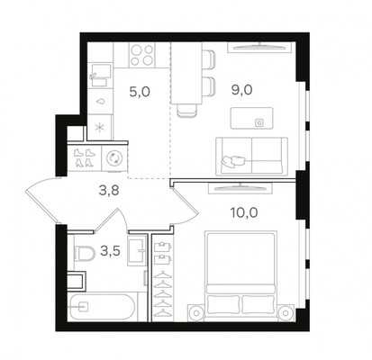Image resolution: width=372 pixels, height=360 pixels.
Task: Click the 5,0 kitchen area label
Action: coord(140,92)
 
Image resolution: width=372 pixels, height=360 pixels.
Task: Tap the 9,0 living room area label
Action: coord(241,90)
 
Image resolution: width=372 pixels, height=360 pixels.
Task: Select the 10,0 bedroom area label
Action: coord(244,212)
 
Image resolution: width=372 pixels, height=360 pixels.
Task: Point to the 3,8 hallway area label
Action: coord(109,190)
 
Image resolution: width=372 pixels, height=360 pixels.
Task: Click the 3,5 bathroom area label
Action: coord(110,251)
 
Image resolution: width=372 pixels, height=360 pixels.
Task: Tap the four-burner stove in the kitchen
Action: coord(141,55)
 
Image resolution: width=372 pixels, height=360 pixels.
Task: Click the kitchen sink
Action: coord(100,75)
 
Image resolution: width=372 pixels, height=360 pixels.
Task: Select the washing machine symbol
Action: coord(114,157)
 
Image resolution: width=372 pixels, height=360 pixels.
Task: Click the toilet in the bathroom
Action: coord(84,254)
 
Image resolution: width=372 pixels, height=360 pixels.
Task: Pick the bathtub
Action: coord(102,306)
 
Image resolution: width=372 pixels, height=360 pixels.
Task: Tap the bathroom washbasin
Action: coord(137,250)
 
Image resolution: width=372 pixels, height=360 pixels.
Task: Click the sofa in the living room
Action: coord(251,157)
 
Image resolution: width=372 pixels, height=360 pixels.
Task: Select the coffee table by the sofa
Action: coord(251,118)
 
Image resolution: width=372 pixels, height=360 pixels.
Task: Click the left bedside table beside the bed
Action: coord(196,313)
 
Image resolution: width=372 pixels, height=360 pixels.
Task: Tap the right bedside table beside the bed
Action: coord(286,313)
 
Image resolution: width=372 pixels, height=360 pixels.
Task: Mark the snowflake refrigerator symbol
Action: coord(99,128)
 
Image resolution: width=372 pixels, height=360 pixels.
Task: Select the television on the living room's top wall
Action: coord(259,47)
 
